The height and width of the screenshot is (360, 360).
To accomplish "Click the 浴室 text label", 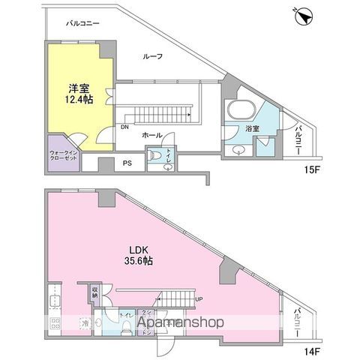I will tap(252, 129).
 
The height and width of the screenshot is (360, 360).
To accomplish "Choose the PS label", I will tap(127, 162).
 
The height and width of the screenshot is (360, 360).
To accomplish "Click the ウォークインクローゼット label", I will tap(64, 153).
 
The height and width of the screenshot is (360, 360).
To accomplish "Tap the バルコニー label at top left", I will tap(82, 24).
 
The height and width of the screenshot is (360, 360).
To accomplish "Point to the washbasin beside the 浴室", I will tap(238, 148).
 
